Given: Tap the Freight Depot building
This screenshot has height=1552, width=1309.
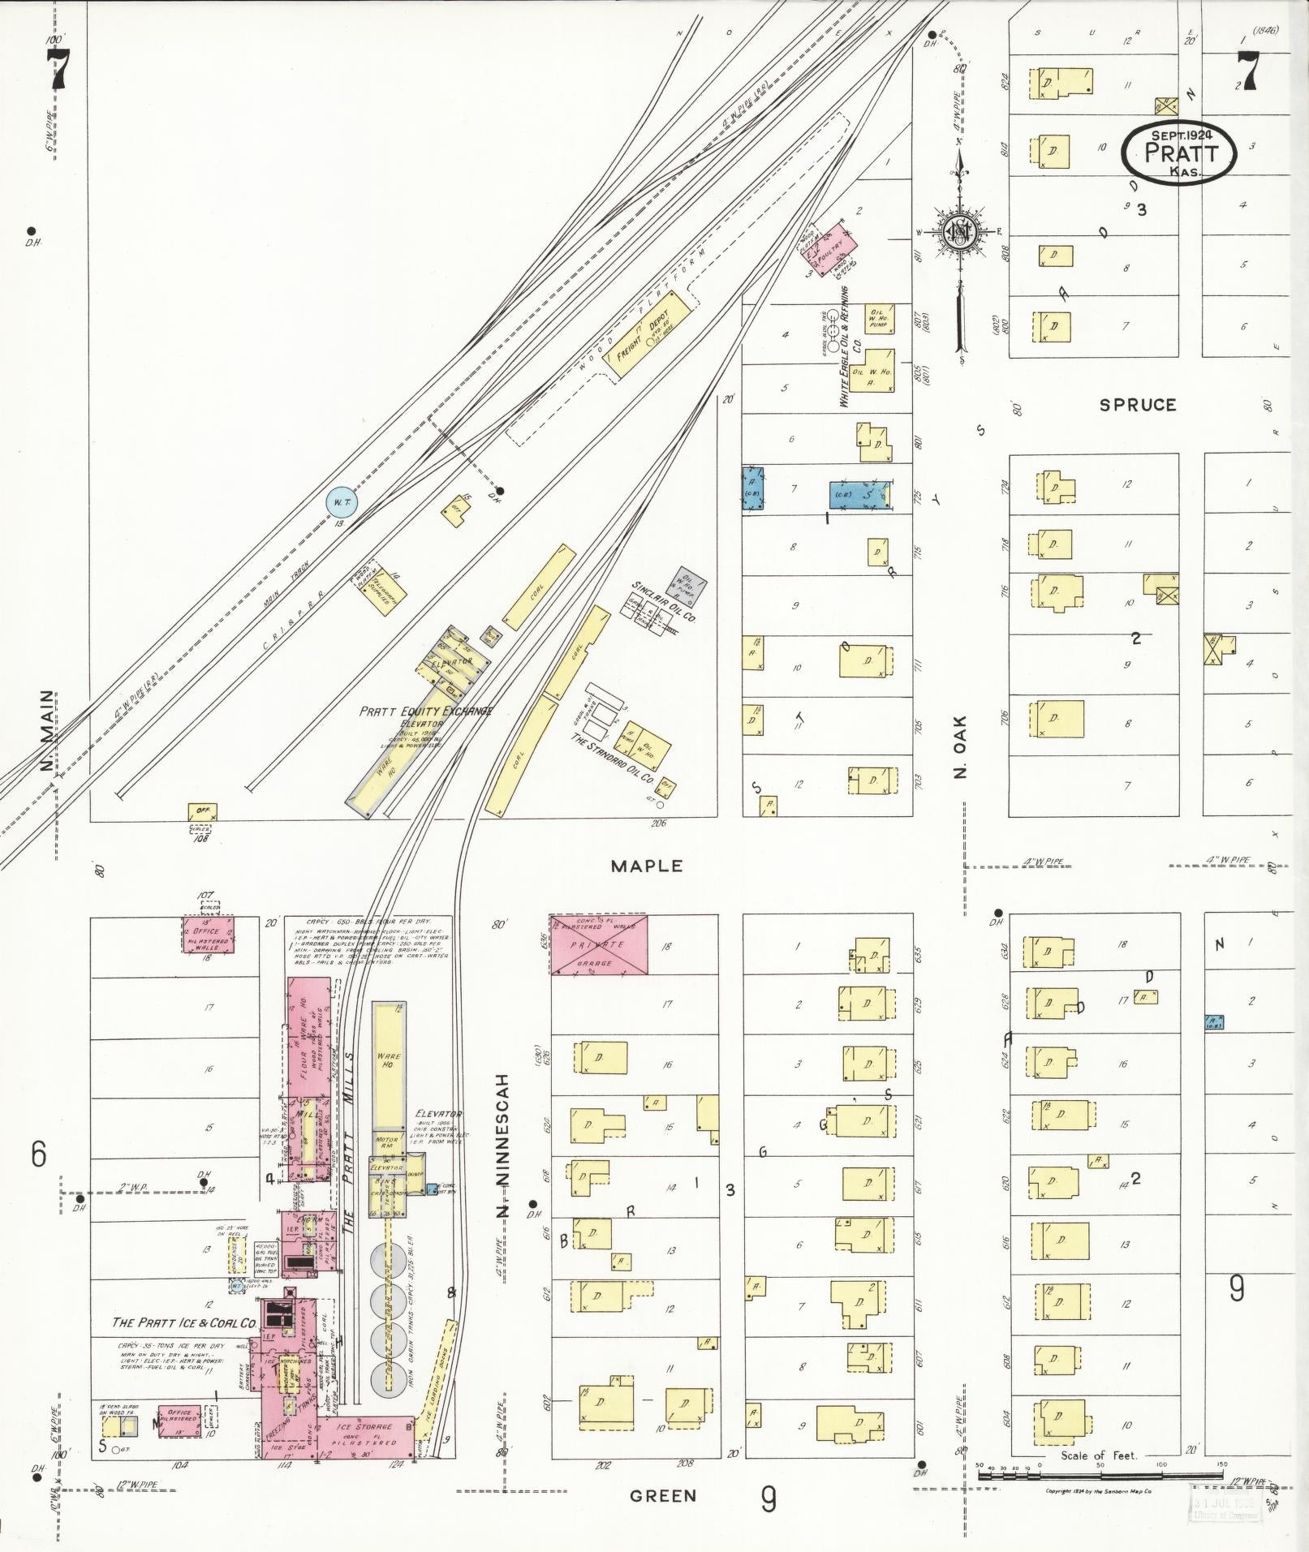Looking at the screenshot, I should click(648, 333).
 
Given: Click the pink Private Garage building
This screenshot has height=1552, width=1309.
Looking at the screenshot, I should click(599, 944).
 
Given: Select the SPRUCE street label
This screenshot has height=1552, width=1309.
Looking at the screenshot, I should click(1137, 405).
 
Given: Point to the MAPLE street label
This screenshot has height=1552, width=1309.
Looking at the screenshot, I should click(647, 866).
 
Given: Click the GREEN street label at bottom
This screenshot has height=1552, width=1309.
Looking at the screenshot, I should click(663, 1495).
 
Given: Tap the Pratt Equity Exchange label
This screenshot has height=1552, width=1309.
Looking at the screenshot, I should click(427, 711).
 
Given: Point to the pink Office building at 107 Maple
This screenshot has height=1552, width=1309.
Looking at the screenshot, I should click(209, 934).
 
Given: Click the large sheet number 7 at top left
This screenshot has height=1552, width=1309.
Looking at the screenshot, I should click(58, 69).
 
